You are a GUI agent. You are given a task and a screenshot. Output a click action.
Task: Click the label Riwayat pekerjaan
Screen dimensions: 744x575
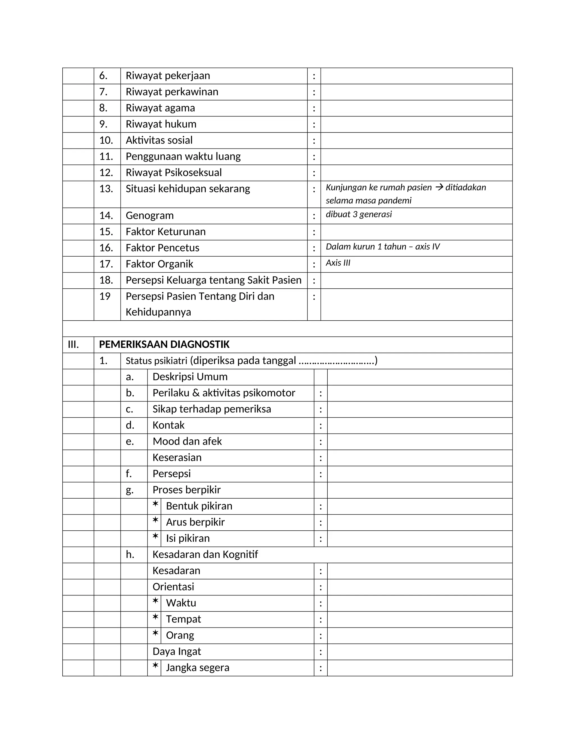[168, 76]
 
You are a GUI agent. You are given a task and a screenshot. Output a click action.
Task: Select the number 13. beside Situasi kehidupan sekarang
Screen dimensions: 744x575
[106, 189]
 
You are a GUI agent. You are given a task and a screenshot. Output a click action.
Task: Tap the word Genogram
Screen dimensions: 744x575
[150, 216]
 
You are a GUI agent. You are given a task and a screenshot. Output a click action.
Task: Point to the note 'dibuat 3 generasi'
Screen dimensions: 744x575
[359, 214]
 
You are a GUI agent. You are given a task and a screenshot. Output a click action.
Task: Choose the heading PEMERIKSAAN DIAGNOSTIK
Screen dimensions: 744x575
[164, 344]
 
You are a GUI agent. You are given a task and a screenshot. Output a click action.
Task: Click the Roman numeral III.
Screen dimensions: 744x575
[73, 344]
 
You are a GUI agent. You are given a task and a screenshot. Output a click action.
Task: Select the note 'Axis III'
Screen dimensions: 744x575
[338, 263]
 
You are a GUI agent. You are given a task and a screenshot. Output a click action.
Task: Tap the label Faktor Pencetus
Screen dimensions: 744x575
[163, 248]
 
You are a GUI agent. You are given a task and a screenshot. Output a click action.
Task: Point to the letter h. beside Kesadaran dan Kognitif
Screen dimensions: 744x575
[130, 554]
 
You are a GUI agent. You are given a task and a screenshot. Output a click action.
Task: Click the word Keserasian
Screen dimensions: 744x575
[177, 458]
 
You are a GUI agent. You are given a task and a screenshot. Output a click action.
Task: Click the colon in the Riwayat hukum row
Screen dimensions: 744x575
[314, 125]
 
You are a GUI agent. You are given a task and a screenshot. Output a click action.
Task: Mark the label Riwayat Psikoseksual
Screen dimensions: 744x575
[174, 173]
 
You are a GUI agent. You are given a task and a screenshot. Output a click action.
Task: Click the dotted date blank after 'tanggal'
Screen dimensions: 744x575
[336, 361]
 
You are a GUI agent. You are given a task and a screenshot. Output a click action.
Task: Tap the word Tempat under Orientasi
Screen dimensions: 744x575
[183, 619]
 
